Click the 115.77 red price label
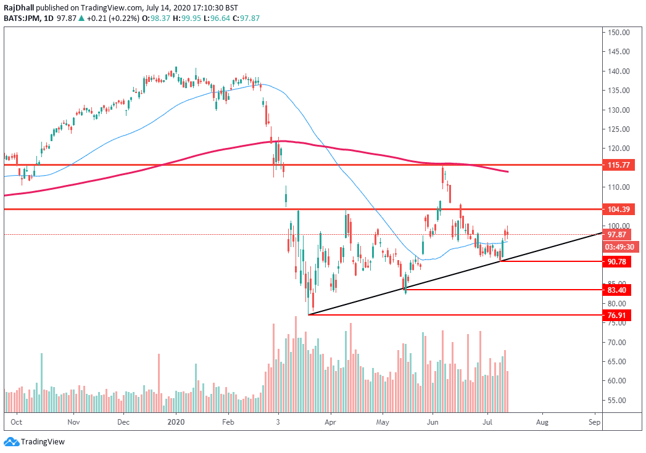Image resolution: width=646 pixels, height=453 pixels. click(x=618, y=165)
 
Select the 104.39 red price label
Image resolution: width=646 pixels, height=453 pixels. click(x=618, y=210)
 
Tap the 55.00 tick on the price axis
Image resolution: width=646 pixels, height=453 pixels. click(x=618, y=401)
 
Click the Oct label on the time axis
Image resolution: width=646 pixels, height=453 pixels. click(x=17, y=422)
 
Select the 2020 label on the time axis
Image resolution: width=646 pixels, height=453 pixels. click(x=176, y=422)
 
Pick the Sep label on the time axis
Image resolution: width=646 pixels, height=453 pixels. click(x=595, y=422)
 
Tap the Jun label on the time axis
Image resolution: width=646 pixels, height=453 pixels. click(x=433, y=422)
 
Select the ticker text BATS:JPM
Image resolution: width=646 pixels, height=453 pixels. click(x=22, y=18)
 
